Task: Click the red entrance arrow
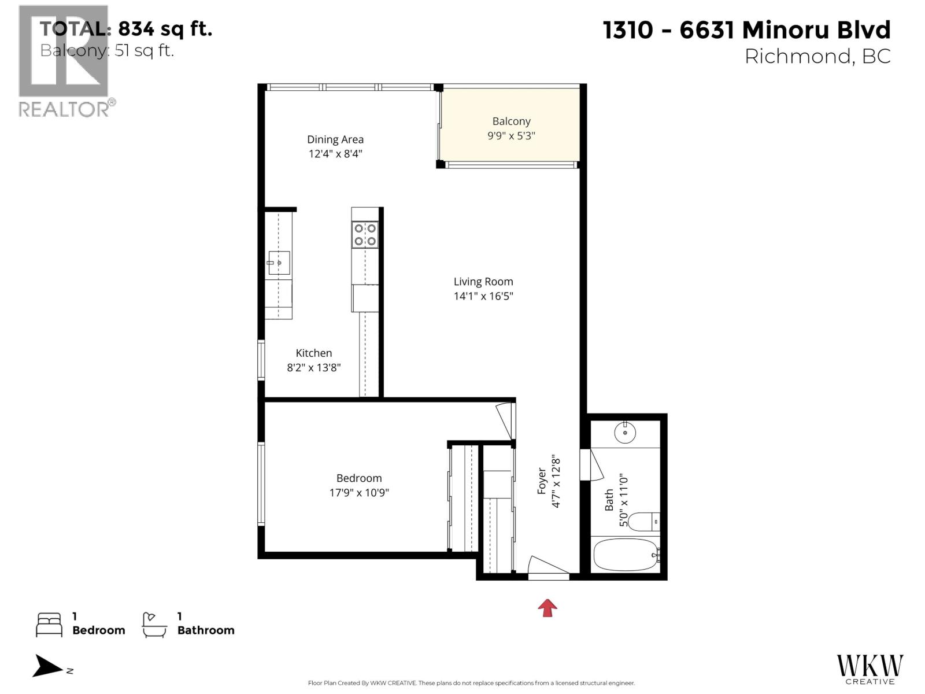pyautogui.click(x=547, y=607)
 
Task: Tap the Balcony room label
pyautogui.click(x=511, y=121)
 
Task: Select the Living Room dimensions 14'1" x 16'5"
pyautogui.click(x=483, y=296)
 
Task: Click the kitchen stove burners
pyautogui.click(x=365, y=235)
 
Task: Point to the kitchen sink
pyautogui.click(x=279, y=263)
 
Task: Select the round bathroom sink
pyautogui.click(x=625, y=432)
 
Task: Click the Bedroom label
pyautogui.click(x=359, y=478)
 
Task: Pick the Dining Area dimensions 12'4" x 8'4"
pyautogui.click(x=335, y=154)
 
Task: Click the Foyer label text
pyautogui.click(x=542, y=481)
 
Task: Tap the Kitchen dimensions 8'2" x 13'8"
pyautogui.click(x=314, y=368)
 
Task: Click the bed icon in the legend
pyautogui.click(x=49, y=625)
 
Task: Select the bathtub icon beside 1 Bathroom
pyautogui.click(x=154, y=625)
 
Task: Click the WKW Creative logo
pyautogui.click(x=869, y=669)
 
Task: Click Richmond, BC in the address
pyautogui.click(x=817, y=56)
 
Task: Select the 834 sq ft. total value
pyautogui.click(x=165, y=28)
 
